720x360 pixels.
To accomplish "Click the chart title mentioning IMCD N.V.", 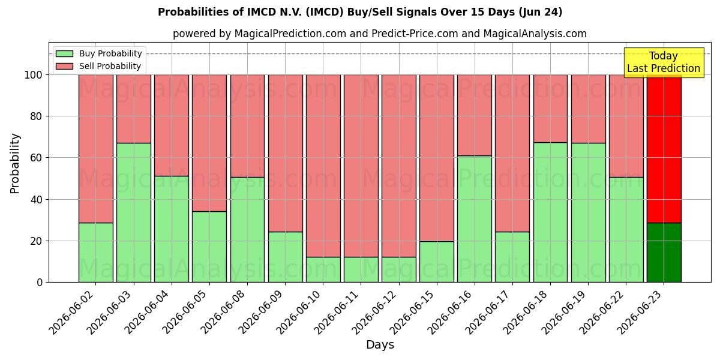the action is point(360,12).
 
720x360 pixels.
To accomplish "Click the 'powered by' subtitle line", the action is point(380,34).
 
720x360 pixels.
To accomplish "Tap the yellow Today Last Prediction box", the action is point(664,62).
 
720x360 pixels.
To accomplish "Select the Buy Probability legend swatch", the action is point(64,53).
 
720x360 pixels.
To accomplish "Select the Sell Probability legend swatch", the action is point(64,66).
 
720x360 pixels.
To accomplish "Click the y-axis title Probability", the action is point(15,163).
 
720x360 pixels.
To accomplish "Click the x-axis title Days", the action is point(380,345).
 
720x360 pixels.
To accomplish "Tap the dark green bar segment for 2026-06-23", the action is point(664,253).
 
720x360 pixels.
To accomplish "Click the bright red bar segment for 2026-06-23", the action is point(664,149).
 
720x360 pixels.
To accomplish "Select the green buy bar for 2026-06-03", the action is point(134,213).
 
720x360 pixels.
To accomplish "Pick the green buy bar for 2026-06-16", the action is point(475,219).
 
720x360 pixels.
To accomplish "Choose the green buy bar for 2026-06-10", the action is point(323,269).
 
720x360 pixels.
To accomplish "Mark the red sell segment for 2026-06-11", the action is point(361,166).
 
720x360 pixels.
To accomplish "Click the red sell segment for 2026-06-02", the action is point(96,149).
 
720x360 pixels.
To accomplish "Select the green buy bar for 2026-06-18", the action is point(551,212).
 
